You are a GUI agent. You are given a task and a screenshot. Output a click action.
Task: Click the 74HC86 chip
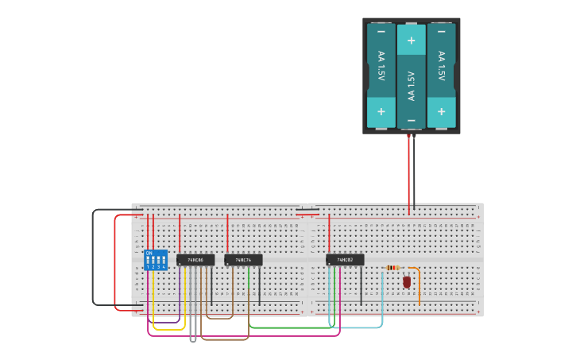pyautogui.click(x=195, y=260)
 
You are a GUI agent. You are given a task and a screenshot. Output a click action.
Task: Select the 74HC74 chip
pyautogui.click(x=243, y=260)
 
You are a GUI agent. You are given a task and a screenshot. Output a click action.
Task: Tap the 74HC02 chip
pyautogui.click(x=345, y=260)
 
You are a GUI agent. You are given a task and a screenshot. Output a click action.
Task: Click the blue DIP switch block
pyautogui.click(x=156, y=260)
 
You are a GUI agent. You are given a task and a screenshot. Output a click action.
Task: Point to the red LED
pyautogui.click(x=407, y=281)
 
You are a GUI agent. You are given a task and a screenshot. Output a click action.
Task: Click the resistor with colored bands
pyautogui.click(x=393, y=268)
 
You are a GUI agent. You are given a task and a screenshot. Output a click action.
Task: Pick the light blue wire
pyautogui.click(x=358, y=327)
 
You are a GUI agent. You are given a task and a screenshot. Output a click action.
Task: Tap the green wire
pyautogui.click(x=294, y=327)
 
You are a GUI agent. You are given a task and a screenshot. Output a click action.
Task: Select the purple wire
pyautogui.click(x=163, y=322)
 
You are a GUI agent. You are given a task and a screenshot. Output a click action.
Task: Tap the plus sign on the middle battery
pyautogui.click(x=411, y=40)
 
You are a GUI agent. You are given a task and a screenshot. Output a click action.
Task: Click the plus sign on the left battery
pyautogui.click(x=381, y=112)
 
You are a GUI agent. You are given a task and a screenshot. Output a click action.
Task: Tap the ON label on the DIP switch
pyautogui.click(x=149, y=253)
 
